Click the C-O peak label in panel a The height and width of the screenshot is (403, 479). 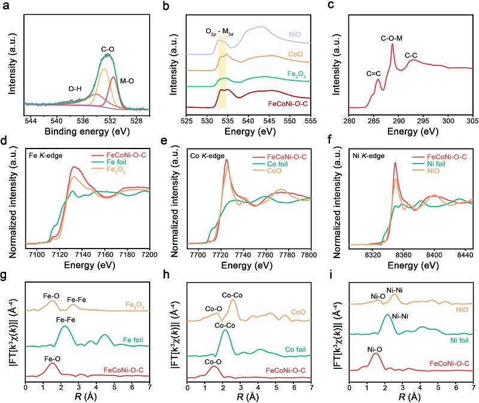point(108,49)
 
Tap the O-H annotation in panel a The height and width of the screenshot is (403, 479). point(75,89)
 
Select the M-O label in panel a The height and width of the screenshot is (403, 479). point(127,81)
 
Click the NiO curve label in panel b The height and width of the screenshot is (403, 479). point(295,34)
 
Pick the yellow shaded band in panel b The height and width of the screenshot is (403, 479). point(222,72)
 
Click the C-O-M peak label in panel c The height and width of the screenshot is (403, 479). point(392,38)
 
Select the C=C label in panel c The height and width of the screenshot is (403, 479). point(374,74)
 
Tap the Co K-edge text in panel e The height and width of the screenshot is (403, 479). point(207,156)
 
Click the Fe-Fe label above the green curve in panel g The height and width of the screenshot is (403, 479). point(66,320)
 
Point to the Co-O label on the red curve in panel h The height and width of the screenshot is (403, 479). point(213,362)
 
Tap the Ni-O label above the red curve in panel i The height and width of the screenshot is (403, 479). point(375,350)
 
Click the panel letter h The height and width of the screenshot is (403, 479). point(166,274)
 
